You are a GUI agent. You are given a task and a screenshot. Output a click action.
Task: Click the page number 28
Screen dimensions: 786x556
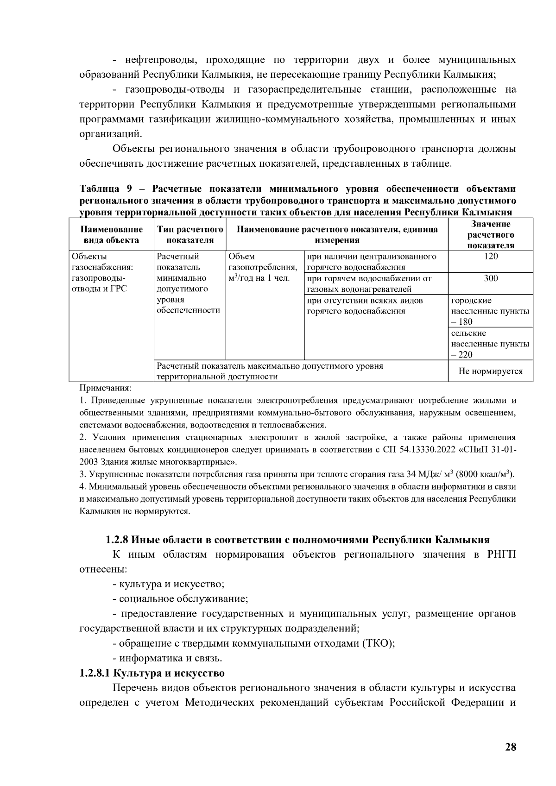coord(510,747)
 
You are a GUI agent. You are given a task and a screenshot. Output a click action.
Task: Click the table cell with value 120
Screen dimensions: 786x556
coord(490,257)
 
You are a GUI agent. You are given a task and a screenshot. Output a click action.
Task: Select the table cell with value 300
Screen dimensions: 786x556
coord(490,278)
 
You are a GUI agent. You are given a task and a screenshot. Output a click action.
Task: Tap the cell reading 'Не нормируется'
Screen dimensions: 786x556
coord(490,371)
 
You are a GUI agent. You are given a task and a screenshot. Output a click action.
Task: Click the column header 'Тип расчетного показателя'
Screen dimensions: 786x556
coord(190,235)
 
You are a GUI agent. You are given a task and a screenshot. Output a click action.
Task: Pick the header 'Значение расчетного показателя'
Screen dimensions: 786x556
coord(490,235)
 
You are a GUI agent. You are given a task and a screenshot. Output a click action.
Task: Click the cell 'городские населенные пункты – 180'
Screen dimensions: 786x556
coord(490,311)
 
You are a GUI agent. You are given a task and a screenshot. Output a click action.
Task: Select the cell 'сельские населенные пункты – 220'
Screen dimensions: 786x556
coord(490,344)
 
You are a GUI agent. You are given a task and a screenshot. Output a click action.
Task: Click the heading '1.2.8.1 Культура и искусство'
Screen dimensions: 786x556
coord(152,673)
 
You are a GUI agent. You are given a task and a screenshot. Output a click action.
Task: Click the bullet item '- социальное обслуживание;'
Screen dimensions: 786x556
coord(180,599)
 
